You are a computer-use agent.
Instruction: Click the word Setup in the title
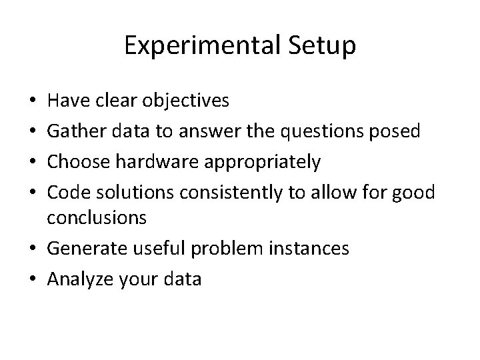[323, 46]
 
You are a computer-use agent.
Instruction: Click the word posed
[399, 131]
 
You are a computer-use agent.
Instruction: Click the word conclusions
[97, 218]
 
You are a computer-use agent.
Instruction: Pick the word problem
[224, 249]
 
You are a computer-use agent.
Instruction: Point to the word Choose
[80, 162]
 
